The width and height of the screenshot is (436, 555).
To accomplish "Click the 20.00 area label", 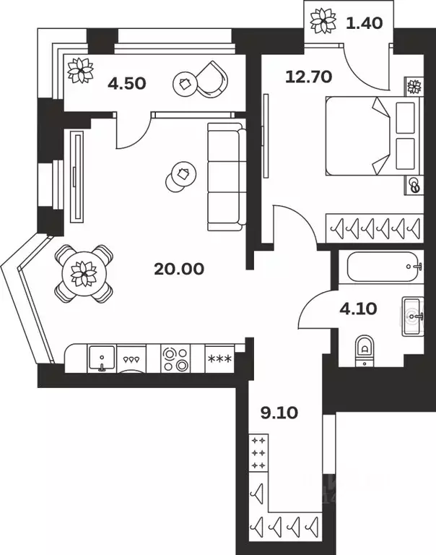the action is click(x=179, y=269).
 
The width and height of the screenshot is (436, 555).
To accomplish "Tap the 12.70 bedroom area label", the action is click(x=308, y=77).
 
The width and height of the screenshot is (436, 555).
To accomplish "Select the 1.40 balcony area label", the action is click(x=365, y=23).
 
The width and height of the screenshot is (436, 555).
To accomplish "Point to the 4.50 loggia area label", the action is click(x=127, y=84).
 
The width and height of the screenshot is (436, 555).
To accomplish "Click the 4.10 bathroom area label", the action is click(x=358, y=309).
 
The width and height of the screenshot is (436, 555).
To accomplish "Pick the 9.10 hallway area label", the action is click(x=279, y=413).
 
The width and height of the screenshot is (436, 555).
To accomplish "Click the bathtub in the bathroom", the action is click(x=385, y=267).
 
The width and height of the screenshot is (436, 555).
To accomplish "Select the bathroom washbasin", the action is click(x=413, y=316).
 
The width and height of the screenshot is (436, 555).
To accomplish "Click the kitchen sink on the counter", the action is click(x=102, y=358).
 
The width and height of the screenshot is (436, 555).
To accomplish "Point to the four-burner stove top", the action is click(x=175, y=359).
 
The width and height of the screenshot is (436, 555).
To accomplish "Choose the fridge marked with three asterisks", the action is click(x=219, y=359).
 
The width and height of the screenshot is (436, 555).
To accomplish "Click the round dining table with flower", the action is click(x=84, y=274).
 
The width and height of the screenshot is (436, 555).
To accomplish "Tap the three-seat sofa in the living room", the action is click(x=227, y=176).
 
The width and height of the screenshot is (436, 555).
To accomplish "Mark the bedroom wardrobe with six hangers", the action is click(x=375, y=228).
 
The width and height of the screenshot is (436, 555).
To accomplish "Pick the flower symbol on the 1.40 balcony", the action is click(x=323, y=21).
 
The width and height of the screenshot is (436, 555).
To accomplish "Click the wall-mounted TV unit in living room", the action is click(x=77, y=176).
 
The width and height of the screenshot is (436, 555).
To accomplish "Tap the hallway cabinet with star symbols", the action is click(x=258, y=452).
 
